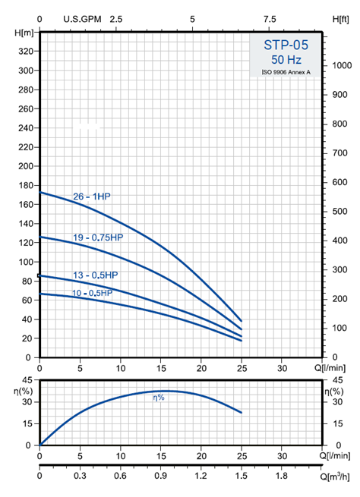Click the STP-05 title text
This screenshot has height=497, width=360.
286,45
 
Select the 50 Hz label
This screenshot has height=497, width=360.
286,60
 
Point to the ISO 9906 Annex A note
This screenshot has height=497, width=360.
286,72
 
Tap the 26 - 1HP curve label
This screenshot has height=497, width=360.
92,197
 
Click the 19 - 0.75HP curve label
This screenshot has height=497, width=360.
98,237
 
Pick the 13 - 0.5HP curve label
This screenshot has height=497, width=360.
96,275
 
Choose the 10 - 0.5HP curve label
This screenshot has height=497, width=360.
93,293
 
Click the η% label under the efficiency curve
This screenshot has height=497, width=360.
159,398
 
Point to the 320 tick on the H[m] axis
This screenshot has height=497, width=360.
26,52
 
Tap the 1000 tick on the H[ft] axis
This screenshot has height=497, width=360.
342,65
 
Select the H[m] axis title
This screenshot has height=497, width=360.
24,33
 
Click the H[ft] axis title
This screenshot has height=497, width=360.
341,20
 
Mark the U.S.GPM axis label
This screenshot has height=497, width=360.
82,19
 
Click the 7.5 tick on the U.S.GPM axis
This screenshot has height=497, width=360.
270,19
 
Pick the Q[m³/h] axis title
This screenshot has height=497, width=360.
334,477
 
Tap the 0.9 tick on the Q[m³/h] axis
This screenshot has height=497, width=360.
161,476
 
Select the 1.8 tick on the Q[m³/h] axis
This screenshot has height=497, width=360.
282,476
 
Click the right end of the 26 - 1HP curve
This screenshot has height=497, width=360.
242,321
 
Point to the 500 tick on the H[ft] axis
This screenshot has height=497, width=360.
339,212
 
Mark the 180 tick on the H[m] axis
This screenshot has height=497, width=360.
26,185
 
